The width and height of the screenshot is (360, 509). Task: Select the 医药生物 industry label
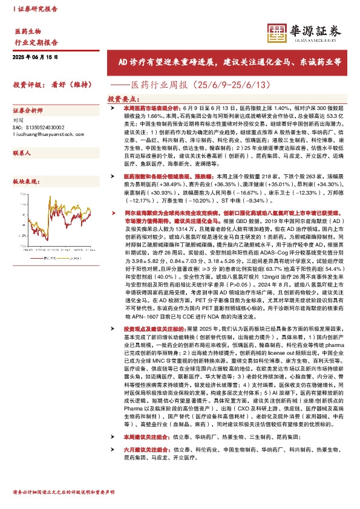tap(28, 31)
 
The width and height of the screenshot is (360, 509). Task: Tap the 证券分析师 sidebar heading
tap(28, 111)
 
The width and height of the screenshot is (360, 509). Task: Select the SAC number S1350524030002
tap(38, 129)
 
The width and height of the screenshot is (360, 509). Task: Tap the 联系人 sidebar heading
tap(22, 154)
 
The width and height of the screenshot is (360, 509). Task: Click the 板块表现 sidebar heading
tap(25, 181)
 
